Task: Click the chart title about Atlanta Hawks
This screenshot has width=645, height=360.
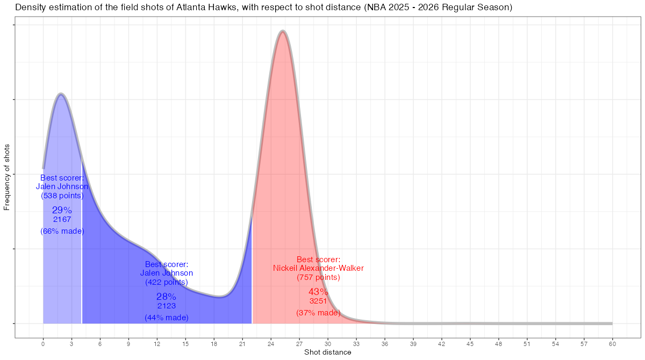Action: [263, 8]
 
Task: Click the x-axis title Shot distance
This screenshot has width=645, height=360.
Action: [327, 352]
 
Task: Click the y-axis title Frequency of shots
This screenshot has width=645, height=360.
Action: [7, 177]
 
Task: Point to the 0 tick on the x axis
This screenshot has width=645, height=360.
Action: [43, 343]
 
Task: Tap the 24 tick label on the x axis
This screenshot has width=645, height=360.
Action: [271, 343]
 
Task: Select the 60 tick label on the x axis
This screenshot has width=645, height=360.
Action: [612, 343]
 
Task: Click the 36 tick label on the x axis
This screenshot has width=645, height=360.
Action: [385, 343]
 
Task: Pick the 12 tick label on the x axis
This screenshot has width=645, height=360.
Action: [157, 343]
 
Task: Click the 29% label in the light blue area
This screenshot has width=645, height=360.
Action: [62, 210]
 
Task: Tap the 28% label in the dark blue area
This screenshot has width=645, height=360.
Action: [166, 297]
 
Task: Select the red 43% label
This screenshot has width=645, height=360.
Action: [318, 292]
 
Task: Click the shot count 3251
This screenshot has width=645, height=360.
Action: [318, 301]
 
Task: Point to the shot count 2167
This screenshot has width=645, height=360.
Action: [62, 219]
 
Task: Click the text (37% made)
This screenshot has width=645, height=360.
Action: [318, 312]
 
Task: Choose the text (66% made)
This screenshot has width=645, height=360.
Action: [62, 231]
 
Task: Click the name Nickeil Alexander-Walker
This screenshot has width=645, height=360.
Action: [318, 268]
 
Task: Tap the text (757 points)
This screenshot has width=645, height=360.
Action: [318, 278]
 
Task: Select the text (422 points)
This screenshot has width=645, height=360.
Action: [166, 282]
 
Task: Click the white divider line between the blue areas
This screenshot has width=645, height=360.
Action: [82, 242]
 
